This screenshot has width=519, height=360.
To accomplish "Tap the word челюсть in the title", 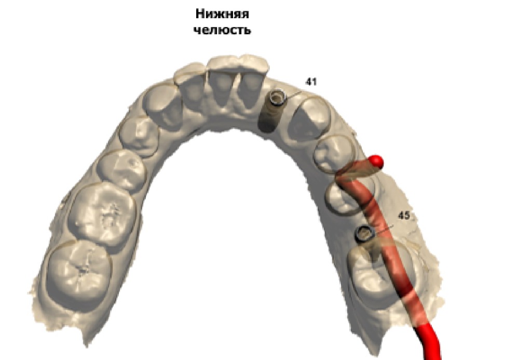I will pyautogui.click(x=222, y=30).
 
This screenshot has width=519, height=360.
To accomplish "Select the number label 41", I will pyautogui.click(x=311, y=82).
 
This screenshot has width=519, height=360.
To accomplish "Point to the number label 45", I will pyautogui.click(x=405, y=215).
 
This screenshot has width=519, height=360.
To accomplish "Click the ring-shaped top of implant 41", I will pyautogui.click(x=278, y=97).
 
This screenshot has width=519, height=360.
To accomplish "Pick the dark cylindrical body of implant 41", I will pyautogui.click(x=268, y=117).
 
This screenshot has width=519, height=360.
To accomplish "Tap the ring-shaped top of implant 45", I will pyautogui.click(x=364, y=234).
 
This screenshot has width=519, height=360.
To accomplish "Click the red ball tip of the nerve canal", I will pyautogui.click(x=377, y=162).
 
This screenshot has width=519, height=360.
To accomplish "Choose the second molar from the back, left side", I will pyautogui.click(x=102, y=212).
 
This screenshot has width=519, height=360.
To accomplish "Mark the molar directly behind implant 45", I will pyautogui.click(x=376, y=275).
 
